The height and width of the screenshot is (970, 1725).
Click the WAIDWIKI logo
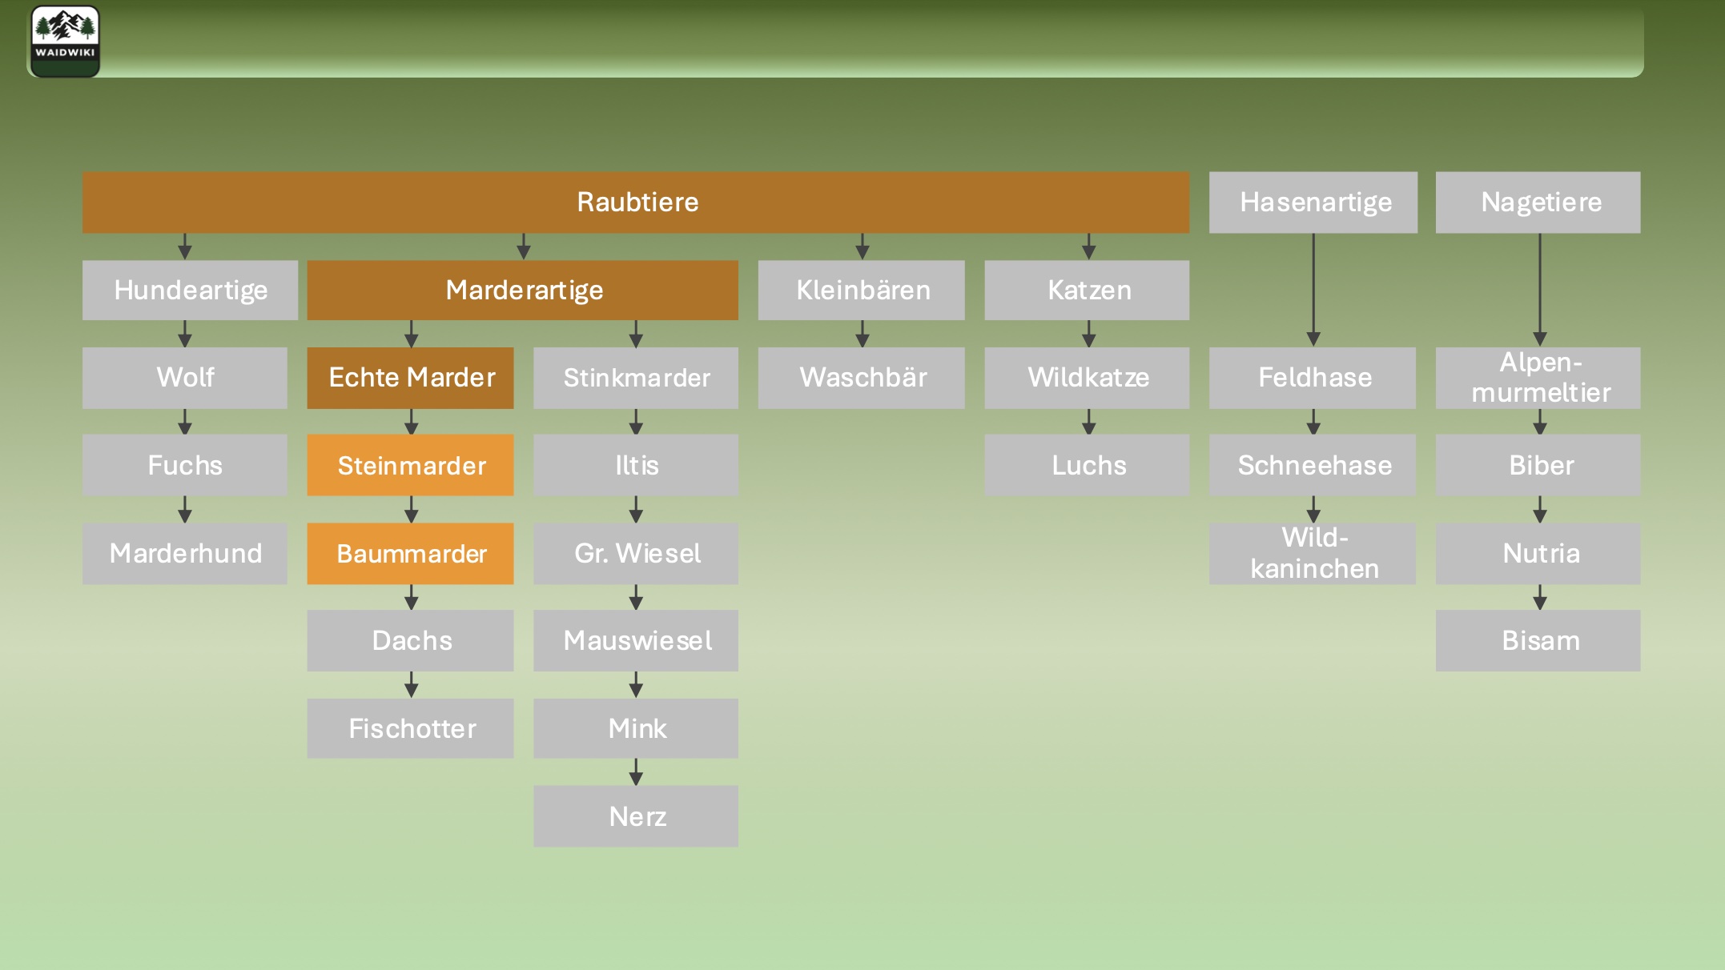click(x=65, y=42)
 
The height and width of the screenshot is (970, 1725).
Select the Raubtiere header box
click(x=636, y=202)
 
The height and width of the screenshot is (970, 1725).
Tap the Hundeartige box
click(x=190, y=290)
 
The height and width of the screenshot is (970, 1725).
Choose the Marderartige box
click(x=523, y=290)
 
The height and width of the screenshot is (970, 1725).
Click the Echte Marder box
click(x=411, y=378)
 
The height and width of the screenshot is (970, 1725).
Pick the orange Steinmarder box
click(x=411, y=465)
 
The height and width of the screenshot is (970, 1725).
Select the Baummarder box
click(x=411, y=553)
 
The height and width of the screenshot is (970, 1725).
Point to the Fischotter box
click(x=411, y=728)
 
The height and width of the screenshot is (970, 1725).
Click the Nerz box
click(x=636, y=816)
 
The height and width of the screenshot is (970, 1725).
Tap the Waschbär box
click(x=862, y=378)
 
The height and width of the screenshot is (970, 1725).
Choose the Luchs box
click(x=1087, y=465)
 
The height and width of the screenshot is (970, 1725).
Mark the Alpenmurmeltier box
click(x=1538, y=378)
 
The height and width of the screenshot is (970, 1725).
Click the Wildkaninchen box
click(x=1313, y=553)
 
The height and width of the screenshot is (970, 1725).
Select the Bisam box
click(x=1538, y=640)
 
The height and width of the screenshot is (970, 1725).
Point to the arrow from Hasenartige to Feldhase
click(x=1313, y=290)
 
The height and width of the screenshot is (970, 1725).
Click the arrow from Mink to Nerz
click(x=636, y=772)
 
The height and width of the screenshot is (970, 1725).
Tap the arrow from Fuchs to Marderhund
click(x=185, y=509)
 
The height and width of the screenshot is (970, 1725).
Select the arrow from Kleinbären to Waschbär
click(x=862, y=334)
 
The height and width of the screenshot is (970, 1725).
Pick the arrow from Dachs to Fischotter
click(x=411, y=684)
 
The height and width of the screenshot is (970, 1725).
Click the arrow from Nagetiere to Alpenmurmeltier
click(x=1540, y=290)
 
